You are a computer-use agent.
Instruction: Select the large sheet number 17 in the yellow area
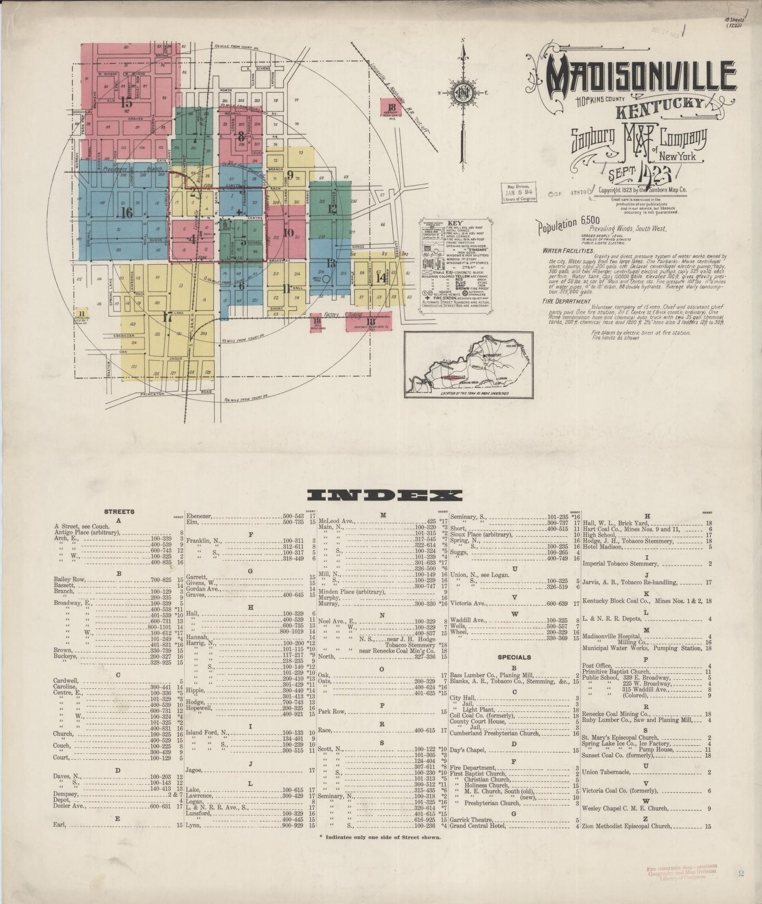click(x=168, y=317)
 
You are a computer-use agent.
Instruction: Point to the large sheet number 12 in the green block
click(x=332, y=208)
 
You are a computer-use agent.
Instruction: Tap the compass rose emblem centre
click(x=463, y=93)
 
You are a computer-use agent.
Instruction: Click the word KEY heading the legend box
click(x=455, y=224)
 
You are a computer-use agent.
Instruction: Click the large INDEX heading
click(x=383, y=495)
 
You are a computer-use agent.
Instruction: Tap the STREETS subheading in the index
click(x=119, y=512)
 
